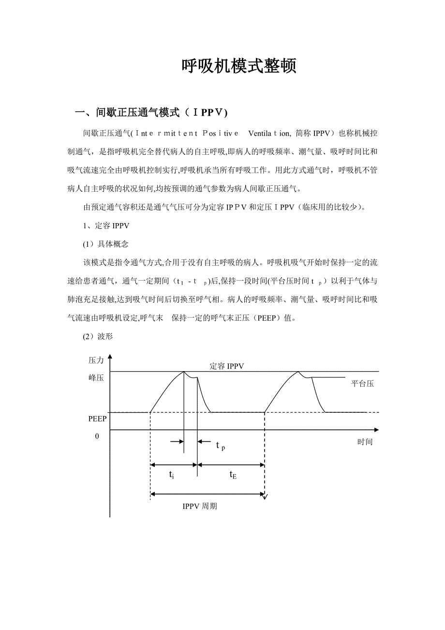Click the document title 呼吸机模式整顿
238,66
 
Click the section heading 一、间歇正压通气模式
150,113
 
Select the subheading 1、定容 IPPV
106,225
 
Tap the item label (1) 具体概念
106,244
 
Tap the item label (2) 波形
98,336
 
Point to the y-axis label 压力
96,360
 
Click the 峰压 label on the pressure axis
96,378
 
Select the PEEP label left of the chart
97,419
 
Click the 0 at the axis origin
97,436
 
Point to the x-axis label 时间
365,442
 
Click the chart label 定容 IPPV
227,366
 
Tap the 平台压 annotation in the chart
362,384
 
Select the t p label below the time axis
221,446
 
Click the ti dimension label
172,475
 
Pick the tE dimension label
233,475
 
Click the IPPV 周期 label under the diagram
199,506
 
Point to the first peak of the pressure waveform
184,372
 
